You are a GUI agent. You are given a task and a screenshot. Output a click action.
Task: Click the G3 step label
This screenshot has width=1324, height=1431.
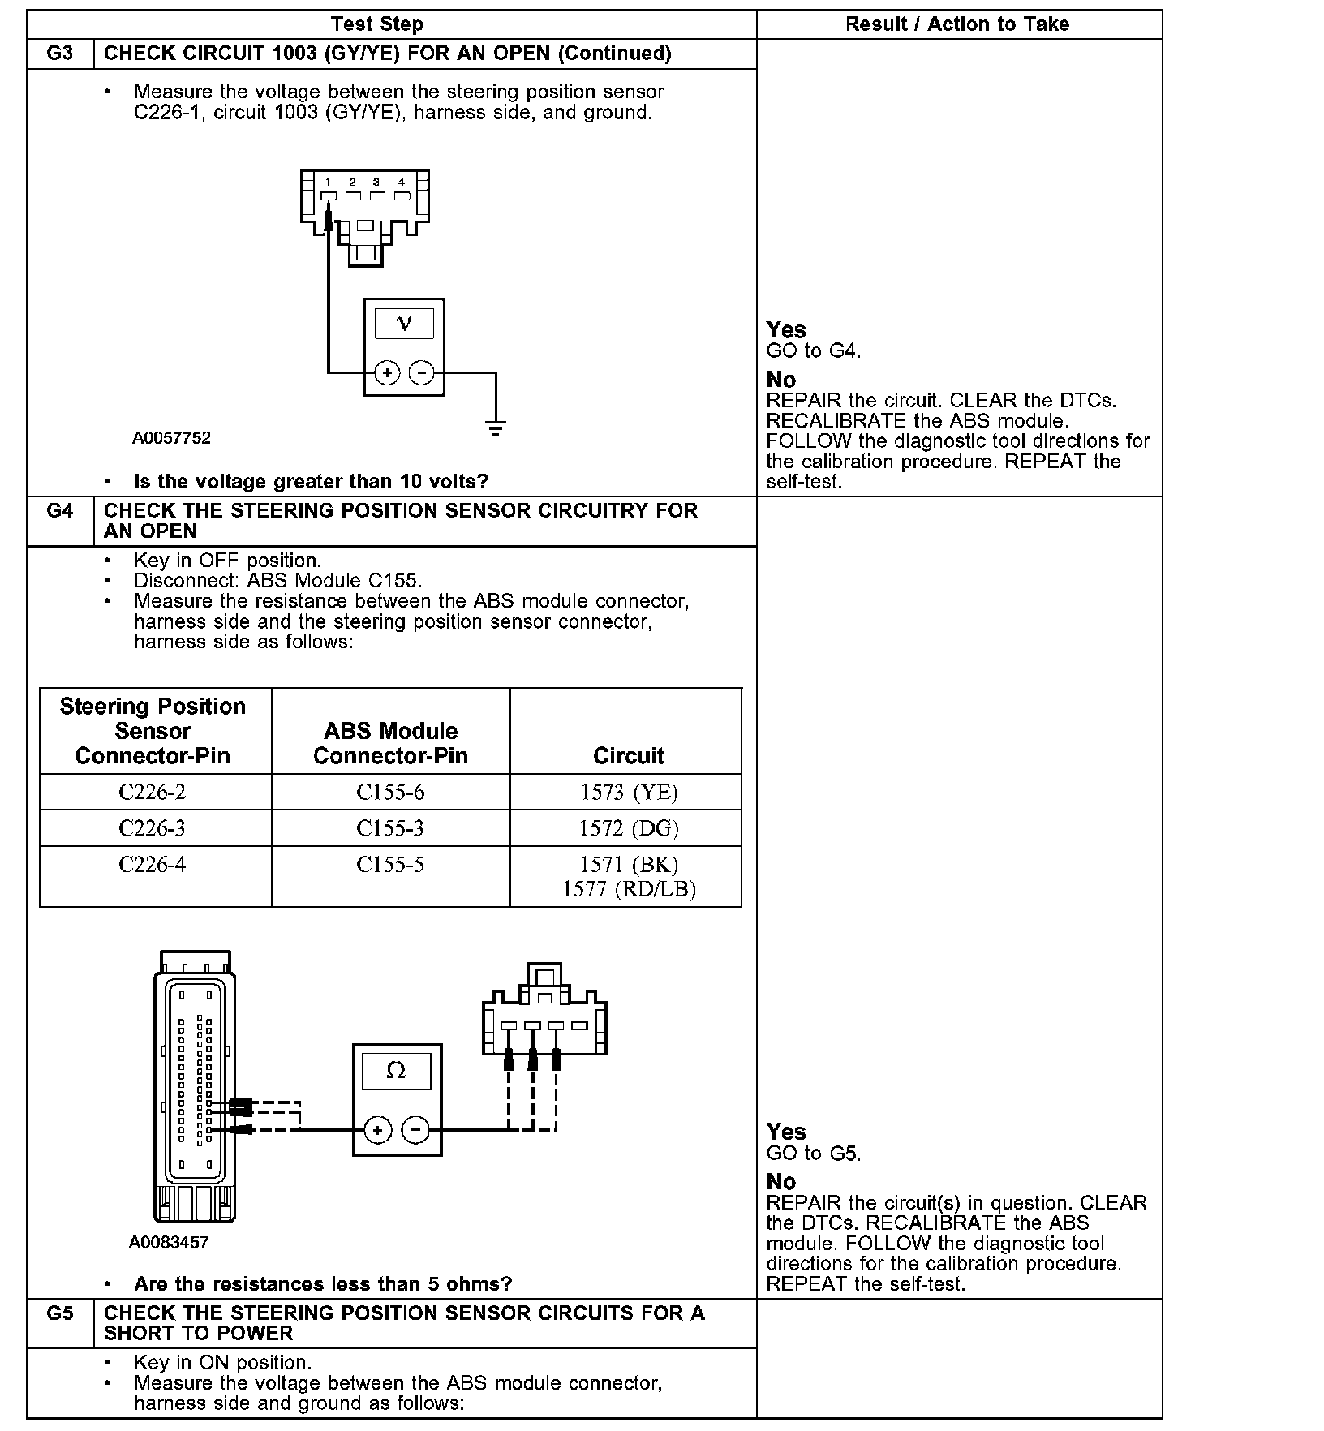pyautogui.click(x=60, y=54)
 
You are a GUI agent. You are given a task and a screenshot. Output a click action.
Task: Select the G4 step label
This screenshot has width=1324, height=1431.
pyautogui.click(x=60, y=511)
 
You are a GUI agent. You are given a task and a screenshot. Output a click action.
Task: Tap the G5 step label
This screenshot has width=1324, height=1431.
pyautogui.click(x=60, y=1313)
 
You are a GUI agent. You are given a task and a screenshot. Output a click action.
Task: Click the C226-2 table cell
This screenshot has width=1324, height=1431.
pyautogui.click(x=153, y=792)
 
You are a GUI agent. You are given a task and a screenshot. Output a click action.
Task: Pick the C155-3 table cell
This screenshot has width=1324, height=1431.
pyautogui.click(x=390, y=828)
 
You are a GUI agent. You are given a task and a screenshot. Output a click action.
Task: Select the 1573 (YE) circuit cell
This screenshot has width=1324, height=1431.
pyautogui.click(x=629, y=792)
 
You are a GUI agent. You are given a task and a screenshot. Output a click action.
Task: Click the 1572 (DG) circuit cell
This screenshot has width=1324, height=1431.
pyautogui.click(x=629, y=828)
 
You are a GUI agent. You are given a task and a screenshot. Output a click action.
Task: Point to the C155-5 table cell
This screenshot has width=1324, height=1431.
pyautogui.click(x=390, y=865)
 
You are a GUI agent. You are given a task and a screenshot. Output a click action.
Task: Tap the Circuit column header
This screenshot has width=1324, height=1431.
pyautogui.click(x=629, y=756)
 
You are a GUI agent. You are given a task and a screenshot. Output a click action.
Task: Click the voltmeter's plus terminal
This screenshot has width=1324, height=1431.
pyautogui.click(x=387, y=372)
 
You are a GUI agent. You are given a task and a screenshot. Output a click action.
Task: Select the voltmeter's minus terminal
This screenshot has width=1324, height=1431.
pyautogui.click(x=421, y=372)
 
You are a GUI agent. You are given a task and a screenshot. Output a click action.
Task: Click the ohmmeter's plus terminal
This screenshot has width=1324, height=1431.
pyautogui.click(x=377, y=1129)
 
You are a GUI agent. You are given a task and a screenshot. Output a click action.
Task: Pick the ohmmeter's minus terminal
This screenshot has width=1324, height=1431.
pyautogui.click(x=415, y=1129)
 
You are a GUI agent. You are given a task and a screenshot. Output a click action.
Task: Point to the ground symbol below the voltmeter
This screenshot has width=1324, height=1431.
pyautogui.click(x=496, y=427)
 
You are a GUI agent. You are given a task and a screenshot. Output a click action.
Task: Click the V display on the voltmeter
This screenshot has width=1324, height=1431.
pyautogui.click(x=404, y=324)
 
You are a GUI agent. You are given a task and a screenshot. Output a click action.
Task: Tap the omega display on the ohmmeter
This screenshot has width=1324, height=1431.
pyautogui.click(x=396, y=1071)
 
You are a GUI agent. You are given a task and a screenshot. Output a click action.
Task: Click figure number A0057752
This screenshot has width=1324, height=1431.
pyautogui.click(x=171, y=438)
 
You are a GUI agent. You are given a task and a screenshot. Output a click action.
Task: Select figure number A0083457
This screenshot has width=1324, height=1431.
pyautogui.click(x=169, y=1243)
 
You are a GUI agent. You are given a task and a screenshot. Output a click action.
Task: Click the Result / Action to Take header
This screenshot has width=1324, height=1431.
pyautogui.click(x=957, y=24)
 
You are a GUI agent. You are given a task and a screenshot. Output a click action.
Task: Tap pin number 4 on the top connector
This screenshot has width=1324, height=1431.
pyautogui.click(x=401, y=183)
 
